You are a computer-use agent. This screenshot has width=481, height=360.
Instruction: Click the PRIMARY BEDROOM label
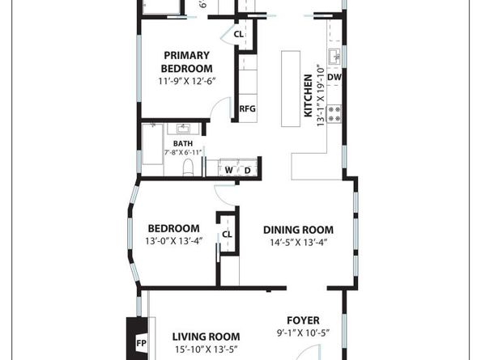tap(186, 61)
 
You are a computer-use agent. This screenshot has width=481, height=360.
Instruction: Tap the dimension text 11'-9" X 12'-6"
tap(186, 81)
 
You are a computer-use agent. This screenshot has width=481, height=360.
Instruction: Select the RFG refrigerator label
tap(247, 109)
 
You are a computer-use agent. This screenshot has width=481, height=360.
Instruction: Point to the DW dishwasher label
tap(334, 78)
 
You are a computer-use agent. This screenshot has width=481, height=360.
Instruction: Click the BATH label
tap(182, 143)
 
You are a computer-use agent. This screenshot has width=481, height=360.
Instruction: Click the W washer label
tap(228, 170)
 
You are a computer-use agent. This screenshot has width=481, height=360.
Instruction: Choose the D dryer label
tap(247, 170)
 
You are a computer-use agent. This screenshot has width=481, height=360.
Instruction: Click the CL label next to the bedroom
tap(227, 235)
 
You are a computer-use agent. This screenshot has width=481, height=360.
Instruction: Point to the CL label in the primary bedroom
tap(239, 35)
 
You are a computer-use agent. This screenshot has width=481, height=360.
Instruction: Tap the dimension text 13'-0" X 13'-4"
tap(172, 241)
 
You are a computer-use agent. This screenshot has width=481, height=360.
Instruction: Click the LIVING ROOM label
tap(206, 337)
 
